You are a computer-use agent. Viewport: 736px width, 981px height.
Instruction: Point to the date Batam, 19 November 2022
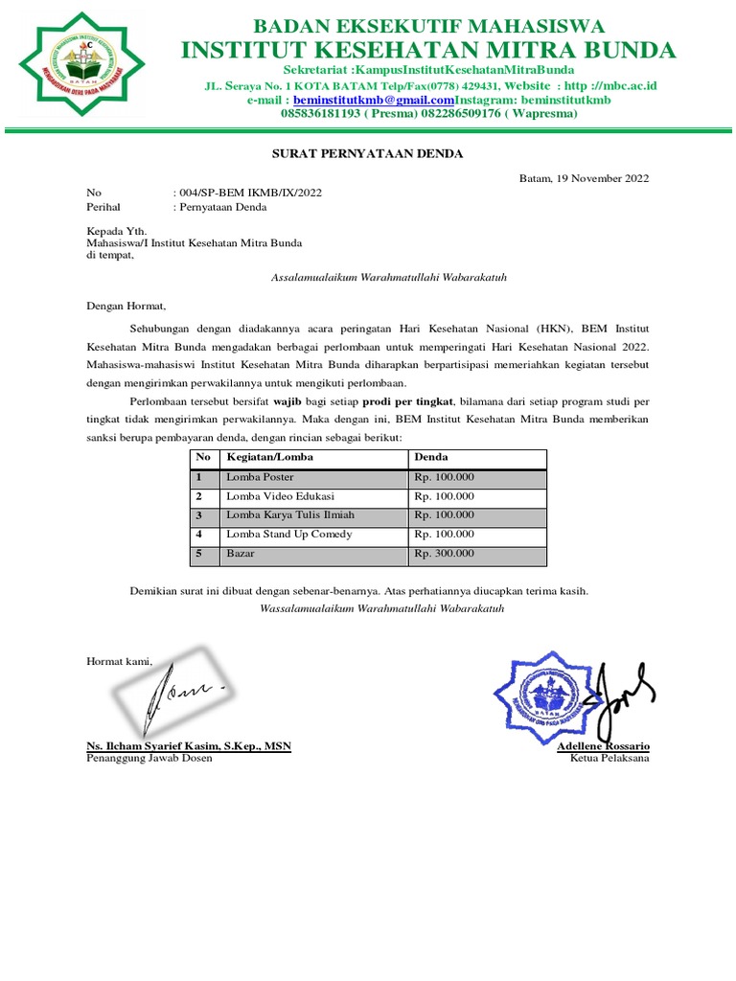click(x=584, y=178)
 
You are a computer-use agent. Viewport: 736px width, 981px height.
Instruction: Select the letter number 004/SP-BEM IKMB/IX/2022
click(x=247, y=193)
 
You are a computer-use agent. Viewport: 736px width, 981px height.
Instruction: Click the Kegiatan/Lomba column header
click(x=269, y=458)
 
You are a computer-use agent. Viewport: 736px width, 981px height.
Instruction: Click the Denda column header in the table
click(x=431, y=458)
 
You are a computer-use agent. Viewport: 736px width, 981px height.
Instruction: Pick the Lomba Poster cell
click(x=260, y=477)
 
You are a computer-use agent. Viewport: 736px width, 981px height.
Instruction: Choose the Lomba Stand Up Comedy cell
click(x=288, y=535)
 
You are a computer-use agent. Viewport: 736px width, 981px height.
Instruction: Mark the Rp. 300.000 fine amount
click(x=444, y=554)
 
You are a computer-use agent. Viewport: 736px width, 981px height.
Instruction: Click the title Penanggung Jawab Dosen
click(x=149, y=758)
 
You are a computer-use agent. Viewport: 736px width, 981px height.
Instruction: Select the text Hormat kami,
click(x=119, y=660)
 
